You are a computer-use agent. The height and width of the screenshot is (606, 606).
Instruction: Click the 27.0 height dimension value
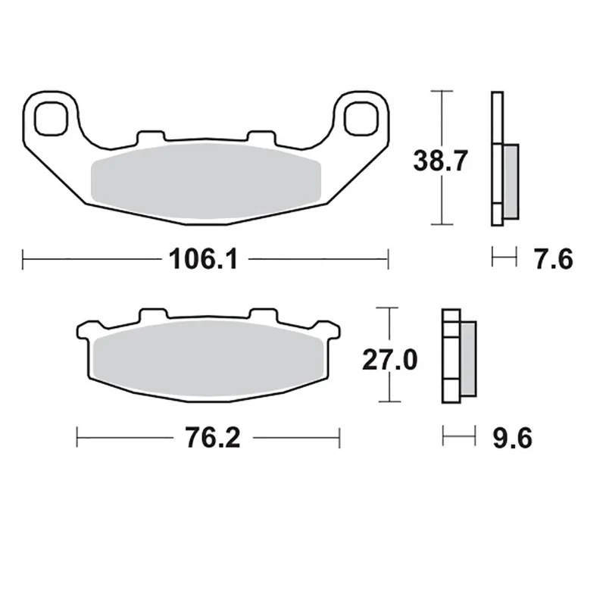click(x=388, y=360)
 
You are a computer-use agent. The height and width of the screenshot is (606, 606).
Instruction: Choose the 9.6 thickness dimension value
click(x=513, y=439)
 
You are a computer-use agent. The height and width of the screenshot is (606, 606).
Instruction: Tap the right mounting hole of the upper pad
click(x=361, y=117)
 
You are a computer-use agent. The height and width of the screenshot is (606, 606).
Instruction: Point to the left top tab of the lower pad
click(x=151, y=314)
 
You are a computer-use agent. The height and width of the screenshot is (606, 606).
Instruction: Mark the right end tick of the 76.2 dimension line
click(x=339, y=439)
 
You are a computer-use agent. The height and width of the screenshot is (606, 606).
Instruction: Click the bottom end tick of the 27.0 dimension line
click(x=388, y=401)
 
